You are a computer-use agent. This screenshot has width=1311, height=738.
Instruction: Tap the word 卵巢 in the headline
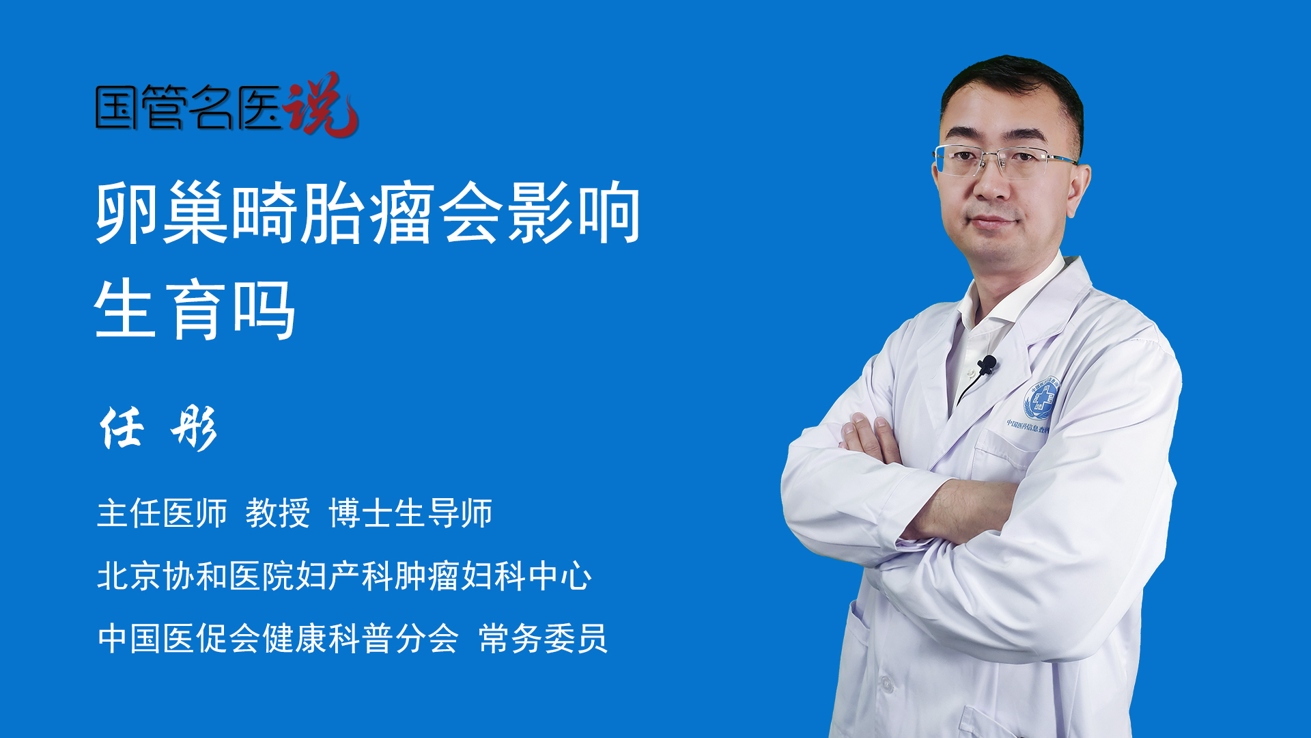pyautogui.click(x=162, y=213)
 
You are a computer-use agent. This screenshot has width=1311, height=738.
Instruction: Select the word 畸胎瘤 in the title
pyautogui.click(x=333, y=213)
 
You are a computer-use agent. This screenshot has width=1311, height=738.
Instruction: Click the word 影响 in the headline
pyautogui.click(x=574, y=213)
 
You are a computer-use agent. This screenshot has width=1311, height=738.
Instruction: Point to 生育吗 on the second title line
pyautogui.click(x=195, y=310)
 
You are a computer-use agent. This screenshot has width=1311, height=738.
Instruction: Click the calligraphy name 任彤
pyautogui.click(x=159, y=428)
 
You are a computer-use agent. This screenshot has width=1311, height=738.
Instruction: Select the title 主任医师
pyautogui.click(x=162, y=513)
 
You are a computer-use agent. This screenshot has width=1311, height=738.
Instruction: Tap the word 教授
pyautogui.click(x=277, y=513)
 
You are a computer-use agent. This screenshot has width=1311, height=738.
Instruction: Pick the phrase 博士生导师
pyautogui.click(x=410, y=513)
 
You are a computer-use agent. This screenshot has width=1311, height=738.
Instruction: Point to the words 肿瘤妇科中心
pyautogui.click(x=493, y=575)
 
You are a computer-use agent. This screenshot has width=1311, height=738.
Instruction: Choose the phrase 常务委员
pyautogui.click(x=543, y=638)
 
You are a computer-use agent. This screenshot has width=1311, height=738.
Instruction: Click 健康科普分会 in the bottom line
pyautogui.click(x=360, y=638)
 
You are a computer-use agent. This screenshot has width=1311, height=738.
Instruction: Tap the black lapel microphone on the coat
pyautogui.click(x=987, y=365)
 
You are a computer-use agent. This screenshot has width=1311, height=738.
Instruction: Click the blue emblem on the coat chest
pyautogui.click(x=1041, y=399)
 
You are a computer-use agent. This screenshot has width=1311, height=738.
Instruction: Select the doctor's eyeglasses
pyautogui.click(x=1004, y=161)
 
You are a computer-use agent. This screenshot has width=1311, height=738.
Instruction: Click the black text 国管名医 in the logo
pyautogui.click(x=188, y=107)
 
